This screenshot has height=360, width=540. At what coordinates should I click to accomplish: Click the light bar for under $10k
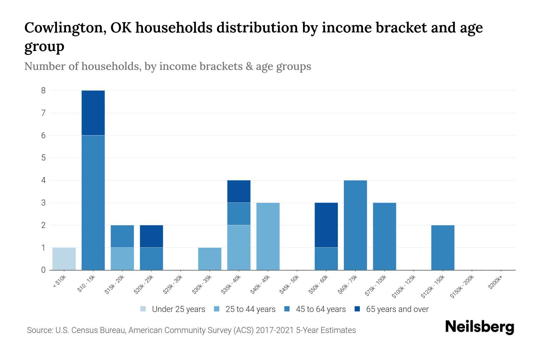coord(64,259)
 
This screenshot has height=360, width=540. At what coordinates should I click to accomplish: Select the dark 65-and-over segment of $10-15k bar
coord(93,113)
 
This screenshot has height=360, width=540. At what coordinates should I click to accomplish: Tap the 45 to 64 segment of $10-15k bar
coord(93,202)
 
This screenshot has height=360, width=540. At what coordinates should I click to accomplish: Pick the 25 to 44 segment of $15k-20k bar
coord(122,259)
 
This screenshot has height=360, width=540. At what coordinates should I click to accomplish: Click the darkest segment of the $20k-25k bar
coord(151,236)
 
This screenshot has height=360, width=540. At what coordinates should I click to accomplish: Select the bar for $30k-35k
coord(210,259)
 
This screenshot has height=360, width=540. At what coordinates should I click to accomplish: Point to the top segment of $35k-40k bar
coord(239,191)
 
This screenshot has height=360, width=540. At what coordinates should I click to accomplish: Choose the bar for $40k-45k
coord(268,236)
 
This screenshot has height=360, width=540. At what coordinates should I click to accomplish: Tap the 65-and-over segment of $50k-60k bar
coord(326,225)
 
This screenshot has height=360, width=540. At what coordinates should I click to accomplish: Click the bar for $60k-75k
coord(355,225)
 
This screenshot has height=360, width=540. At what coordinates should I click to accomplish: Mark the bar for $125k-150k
coord(442,247)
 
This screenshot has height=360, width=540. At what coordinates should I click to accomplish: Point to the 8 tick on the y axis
coord(43,90)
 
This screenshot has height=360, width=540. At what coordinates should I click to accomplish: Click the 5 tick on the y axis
coord(43,158)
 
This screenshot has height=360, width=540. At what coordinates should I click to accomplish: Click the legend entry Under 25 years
coord(173,309)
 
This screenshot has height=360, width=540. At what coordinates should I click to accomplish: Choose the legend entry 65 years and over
coord(391,309)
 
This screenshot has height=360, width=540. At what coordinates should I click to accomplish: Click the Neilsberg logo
coord(480,327)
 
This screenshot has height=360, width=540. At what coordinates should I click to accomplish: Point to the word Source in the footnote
coord(39,330)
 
